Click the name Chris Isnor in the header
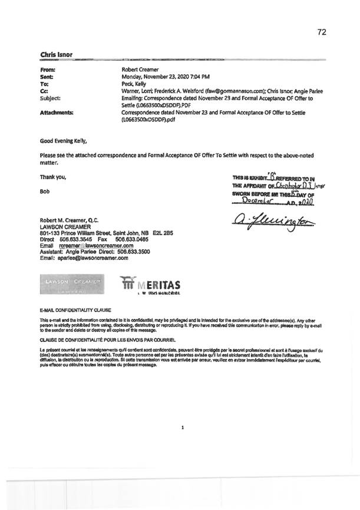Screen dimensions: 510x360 56,55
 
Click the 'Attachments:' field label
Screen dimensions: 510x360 57,112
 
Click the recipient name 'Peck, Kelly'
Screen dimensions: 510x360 134,84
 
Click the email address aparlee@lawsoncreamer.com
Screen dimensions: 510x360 82,258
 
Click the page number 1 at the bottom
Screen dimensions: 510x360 183,427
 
